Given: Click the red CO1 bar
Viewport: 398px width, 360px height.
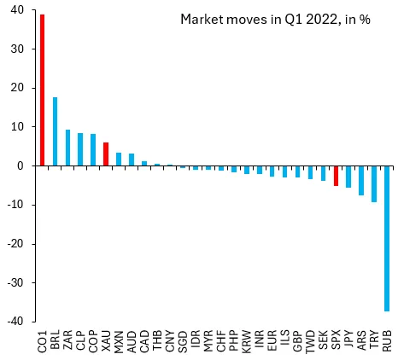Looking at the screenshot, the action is click(42, 90).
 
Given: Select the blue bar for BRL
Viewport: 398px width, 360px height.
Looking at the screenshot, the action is click(55, 131).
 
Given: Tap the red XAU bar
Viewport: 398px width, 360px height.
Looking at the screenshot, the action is click(106, 154).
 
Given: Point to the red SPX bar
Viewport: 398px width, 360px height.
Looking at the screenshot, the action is click(336, 176).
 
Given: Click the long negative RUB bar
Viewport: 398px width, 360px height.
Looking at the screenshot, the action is click(387, 239).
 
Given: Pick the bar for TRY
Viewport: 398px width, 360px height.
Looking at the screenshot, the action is click(374, 184).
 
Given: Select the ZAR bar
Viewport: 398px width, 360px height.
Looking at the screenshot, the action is click(67, 148).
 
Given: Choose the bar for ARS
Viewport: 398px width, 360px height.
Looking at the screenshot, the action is click(361, 181).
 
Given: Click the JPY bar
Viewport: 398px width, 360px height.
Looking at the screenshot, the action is click(348, 177).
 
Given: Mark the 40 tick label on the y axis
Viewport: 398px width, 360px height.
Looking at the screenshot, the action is click(17, 10).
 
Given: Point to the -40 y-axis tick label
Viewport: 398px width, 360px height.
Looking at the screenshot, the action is click(15, 322).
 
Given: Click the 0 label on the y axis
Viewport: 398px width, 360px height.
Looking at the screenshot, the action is click(20, 165).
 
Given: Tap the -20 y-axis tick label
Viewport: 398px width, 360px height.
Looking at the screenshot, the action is click(15, 244).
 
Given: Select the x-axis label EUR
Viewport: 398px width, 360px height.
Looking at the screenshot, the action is click(272, 341).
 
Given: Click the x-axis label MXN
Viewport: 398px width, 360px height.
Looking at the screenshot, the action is click(119, 341).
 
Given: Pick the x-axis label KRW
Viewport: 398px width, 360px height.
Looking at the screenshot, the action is click(247, 341).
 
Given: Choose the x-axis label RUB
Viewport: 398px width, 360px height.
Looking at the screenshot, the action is click(387, 340).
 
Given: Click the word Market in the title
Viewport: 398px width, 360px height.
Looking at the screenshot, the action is click(202, 20).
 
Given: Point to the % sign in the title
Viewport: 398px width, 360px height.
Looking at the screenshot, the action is click(365, 20).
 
